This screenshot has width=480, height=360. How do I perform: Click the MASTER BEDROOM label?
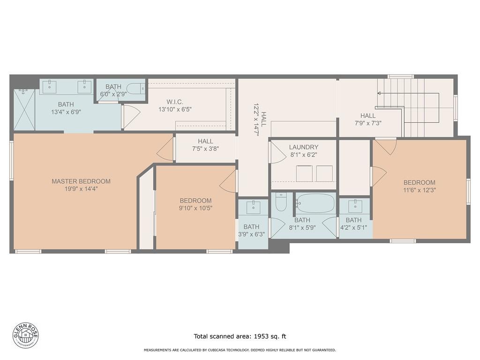tap(81, 181)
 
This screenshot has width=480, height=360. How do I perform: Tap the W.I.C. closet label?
tap(174, 102)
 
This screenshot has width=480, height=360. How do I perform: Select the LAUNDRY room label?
tap(303, 147)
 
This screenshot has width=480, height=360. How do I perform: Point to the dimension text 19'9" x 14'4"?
tap(81, 189)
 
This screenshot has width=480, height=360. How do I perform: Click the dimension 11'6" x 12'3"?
tap(420, 190)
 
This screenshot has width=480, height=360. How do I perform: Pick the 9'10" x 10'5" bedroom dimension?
tap(195, 208)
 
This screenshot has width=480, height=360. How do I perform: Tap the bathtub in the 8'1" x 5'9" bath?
tap(315, 203)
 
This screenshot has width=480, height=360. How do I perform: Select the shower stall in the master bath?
tap(24, 109)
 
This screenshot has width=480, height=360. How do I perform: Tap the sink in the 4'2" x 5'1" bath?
tap(355, 206)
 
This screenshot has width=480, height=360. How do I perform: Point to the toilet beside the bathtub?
tap(281, 202)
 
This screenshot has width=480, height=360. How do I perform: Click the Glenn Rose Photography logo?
tap(26, 335)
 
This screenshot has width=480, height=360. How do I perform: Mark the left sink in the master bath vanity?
tap(50, 86)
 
